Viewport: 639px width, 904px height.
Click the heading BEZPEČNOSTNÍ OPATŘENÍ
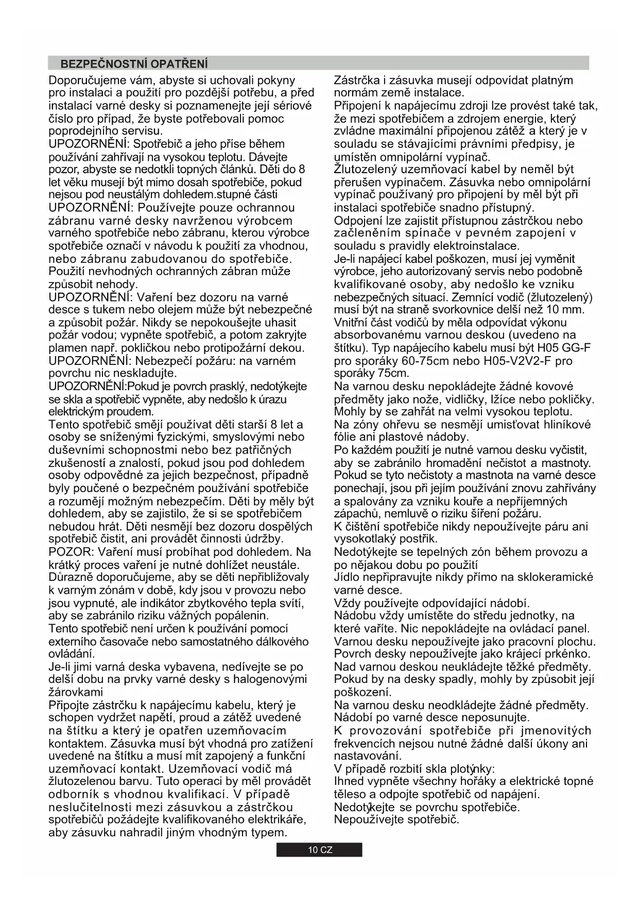point(134,64)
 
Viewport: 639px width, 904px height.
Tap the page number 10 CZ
point(320,850)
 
